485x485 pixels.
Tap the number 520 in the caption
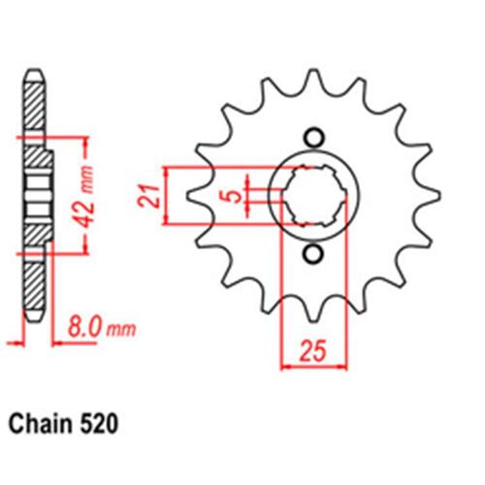[98, 424]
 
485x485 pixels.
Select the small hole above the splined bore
[313, 139]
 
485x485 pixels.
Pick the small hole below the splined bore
[313, 254]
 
